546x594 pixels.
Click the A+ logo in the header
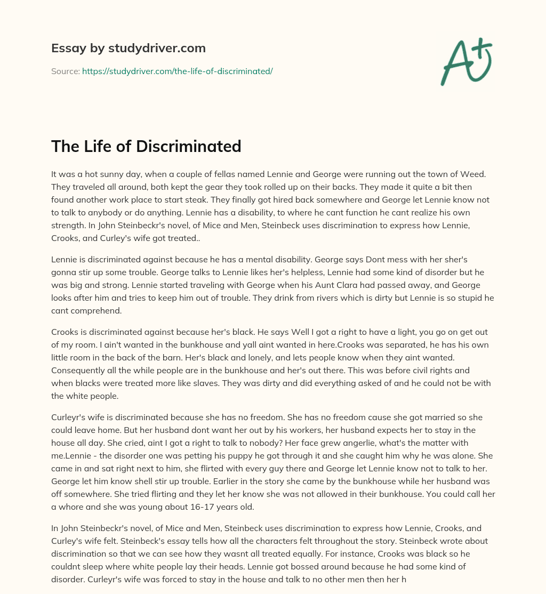(x=466, y=61)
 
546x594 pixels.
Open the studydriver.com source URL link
(x=177, y=71)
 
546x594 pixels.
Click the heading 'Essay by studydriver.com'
(x=128, y=48)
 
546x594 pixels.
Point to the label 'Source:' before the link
(x=65, y=71)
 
